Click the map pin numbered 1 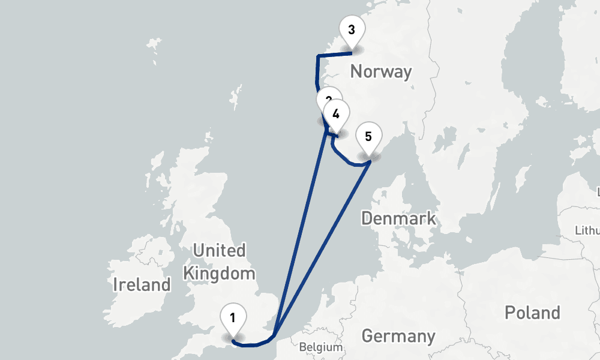233,318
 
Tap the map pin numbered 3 352,31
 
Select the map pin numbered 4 336,114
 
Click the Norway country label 381,72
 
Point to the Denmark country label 398,218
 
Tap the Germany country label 398,336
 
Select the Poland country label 532,313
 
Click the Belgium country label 320,347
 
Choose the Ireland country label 142,284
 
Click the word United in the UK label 219,250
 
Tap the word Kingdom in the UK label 219,274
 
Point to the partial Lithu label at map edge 587,230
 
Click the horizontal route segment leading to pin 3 334,55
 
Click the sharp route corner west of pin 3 317,57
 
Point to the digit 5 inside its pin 368,136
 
